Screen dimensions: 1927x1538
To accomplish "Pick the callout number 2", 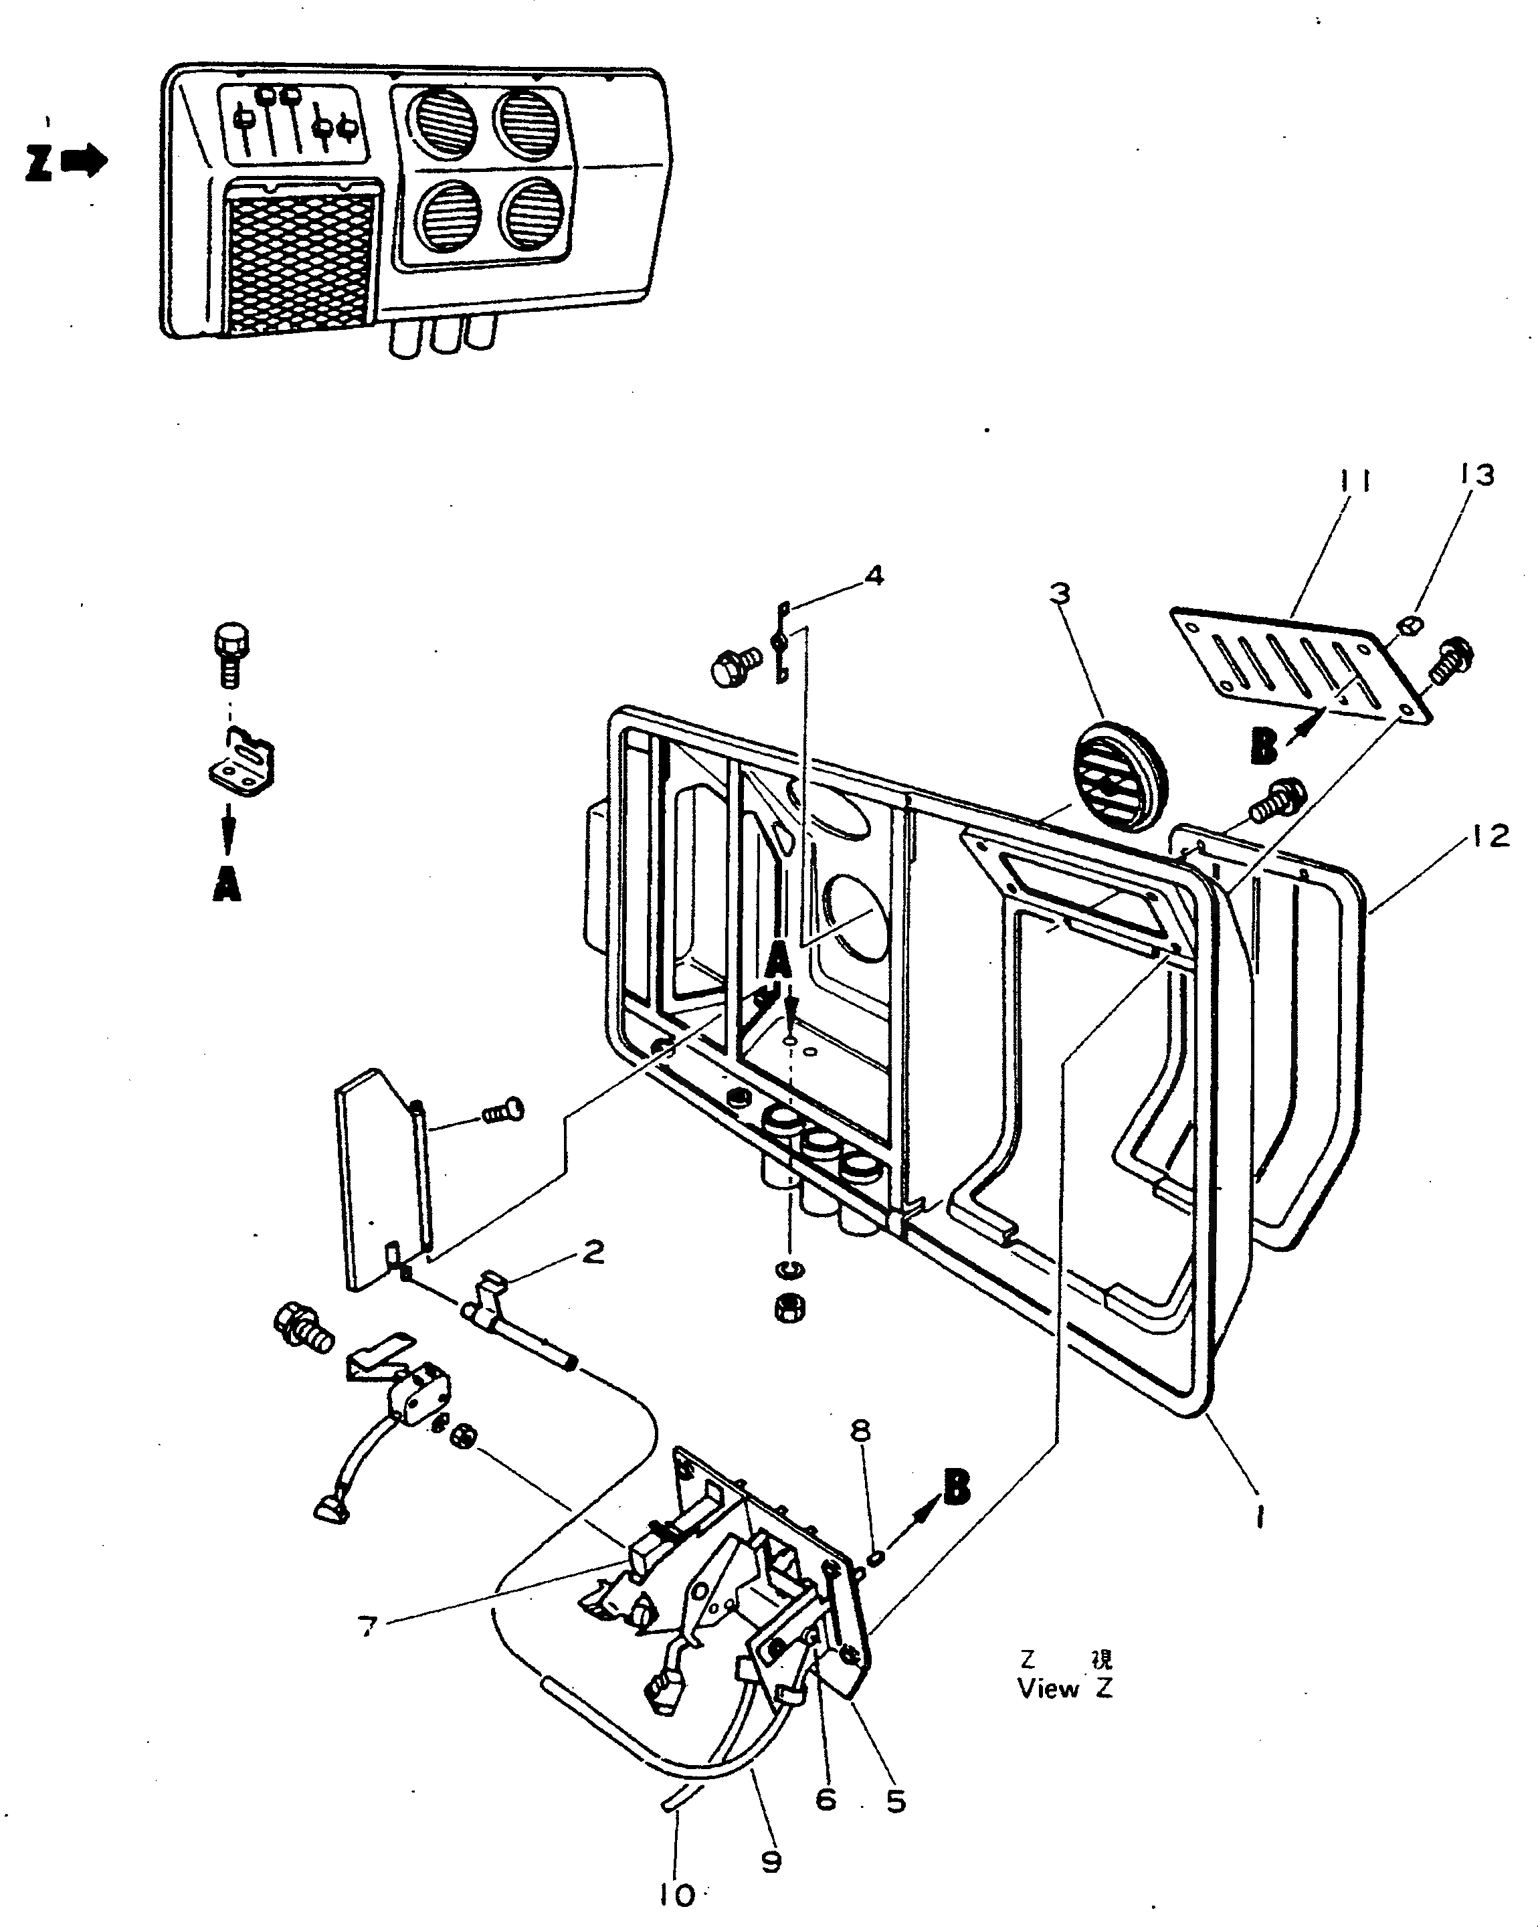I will [x=593, y=1252].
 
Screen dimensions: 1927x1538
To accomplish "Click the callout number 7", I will [x=367, y=1627].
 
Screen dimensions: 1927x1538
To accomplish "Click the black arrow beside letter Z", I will [x=84, y=163].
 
